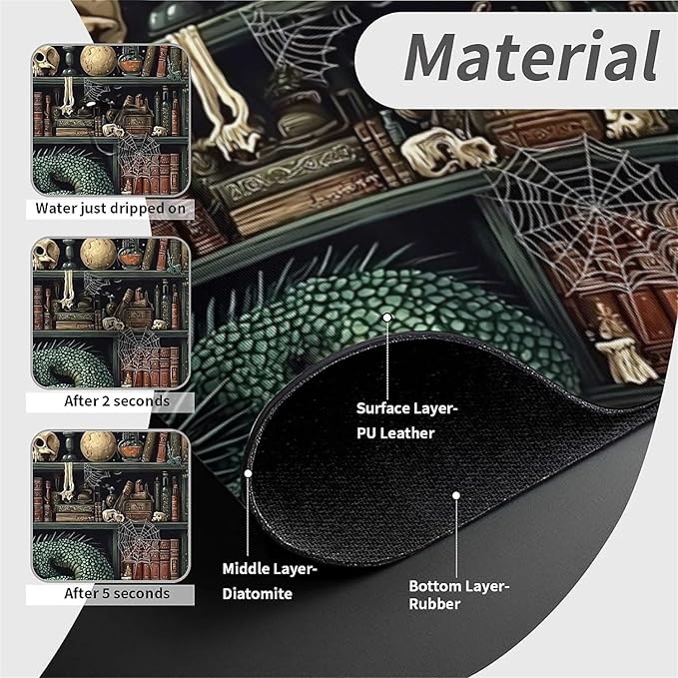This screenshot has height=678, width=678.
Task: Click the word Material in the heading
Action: point(531,56)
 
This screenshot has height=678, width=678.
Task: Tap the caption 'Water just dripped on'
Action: point(110,209)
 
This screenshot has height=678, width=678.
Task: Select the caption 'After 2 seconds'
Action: point(117,401)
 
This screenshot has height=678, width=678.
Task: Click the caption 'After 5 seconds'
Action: point(117,593)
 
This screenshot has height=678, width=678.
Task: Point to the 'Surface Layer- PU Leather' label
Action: point(406,420)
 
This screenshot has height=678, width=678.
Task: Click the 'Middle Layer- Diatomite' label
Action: point(270,581)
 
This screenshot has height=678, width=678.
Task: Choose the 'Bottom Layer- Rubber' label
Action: point(459,595)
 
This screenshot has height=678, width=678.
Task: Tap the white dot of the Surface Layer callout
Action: point(387,318)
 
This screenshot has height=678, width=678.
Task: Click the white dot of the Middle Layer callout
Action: point(248,473)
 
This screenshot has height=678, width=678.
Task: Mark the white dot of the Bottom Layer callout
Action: point(455,495)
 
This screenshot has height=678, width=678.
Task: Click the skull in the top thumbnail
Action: point(45,61)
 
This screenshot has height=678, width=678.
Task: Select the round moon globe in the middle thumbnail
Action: point(98,253)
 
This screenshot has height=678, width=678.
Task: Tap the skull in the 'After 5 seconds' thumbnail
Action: point(45,446)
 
